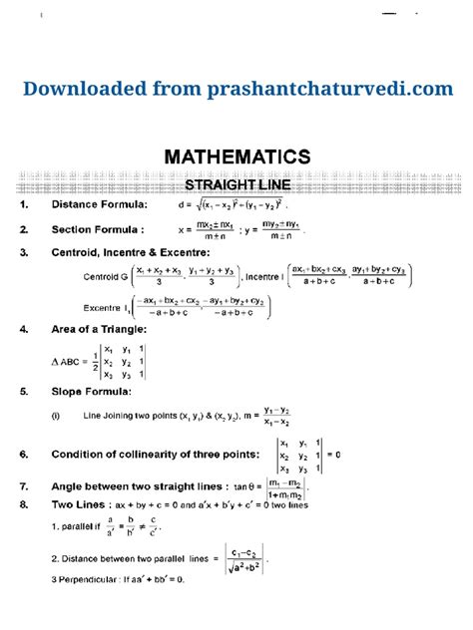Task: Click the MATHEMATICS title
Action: (x=236, y=157)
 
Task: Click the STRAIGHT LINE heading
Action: (x=236, y=184)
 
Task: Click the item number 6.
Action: (x=23, y=455)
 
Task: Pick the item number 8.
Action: (x=23, y=505)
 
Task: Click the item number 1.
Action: (x=23, y=205)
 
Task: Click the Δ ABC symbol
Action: (x=70, y=361)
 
